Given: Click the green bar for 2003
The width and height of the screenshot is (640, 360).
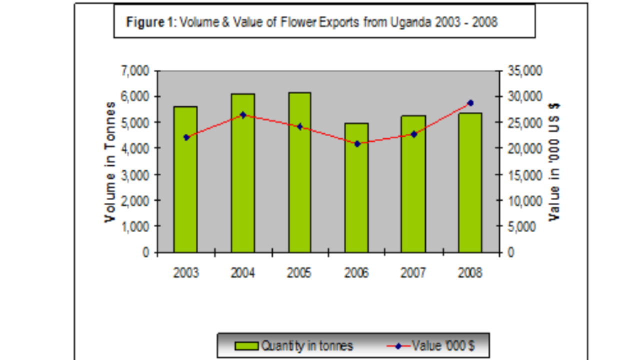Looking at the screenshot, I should (185, 180).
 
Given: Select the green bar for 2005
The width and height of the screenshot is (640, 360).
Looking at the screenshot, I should (299, 172).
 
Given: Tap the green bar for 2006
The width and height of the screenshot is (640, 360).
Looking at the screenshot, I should (356, 188).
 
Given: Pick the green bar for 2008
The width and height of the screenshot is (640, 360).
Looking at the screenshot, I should (470, 183).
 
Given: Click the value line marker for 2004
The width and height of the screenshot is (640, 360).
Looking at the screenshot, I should (243, 115).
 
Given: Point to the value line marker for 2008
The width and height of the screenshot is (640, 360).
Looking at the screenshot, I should (470, 103).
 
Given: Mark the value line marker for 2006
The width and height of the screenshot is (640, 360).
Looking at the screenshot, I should (357, 144).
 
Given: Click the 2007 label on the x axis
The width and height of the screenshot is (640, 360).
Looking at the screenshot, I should (413, 273).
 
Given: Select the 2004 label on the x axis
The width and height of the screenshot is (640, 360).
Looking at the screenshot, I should (242, 273).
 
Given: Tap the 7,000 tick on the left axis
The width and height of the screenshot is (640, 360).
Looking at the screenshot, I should (135, 71).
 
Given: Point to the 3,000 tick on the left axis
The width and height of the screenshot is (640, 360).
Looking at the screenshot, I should (135, 174).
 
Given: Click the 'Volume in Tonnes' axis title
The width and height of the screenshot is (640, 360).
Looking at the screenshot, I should (110, 162).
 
